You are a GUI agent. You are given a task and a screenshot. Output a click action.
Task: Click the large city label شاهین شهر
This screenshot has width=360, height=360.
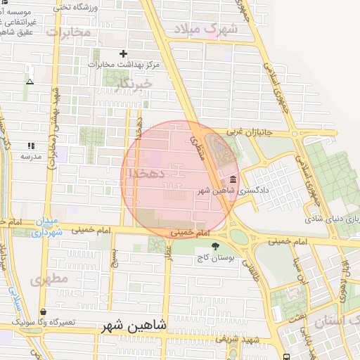tap(134, 326)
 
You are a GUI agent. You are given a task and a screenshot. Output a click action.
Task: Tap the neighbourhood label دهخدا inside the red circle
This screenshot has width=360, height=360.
tap(152, 172)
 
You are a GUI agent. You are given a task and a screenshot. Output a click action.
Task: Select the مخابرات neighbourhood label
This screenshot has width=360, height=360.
tap(69, 32)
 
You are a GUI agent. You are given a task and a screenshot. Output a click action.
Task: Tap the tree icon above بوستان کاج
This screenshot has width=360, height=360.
tap(215, 246)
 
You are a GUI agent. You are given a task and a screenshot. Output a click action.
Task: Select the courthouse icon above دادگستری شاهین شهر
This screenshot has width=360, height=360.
tap(233, 180)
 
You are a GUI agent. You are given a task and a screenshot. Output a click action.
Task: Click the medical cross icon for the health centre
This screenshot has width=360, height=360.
tap(124, 53)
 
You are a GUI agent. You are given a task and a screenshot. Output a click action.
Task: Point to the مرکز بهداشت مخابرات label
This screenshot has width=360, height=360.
tap(124, 65)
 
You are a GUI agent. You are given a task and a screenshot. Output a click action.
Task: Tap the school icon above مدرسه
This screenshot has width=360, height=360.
tap(30, 145)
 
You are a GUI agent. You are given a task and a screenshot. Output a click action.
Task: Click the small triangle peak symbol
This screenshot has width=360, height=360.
tap(30, 82)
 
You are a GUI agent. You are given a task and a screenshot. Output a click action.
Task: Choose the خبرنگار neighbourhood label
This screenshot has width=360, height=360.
tap(134, 84)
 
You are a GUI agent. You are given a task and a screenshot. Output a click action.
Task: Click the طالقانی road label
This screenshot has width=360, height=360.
tap(250, 266)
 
